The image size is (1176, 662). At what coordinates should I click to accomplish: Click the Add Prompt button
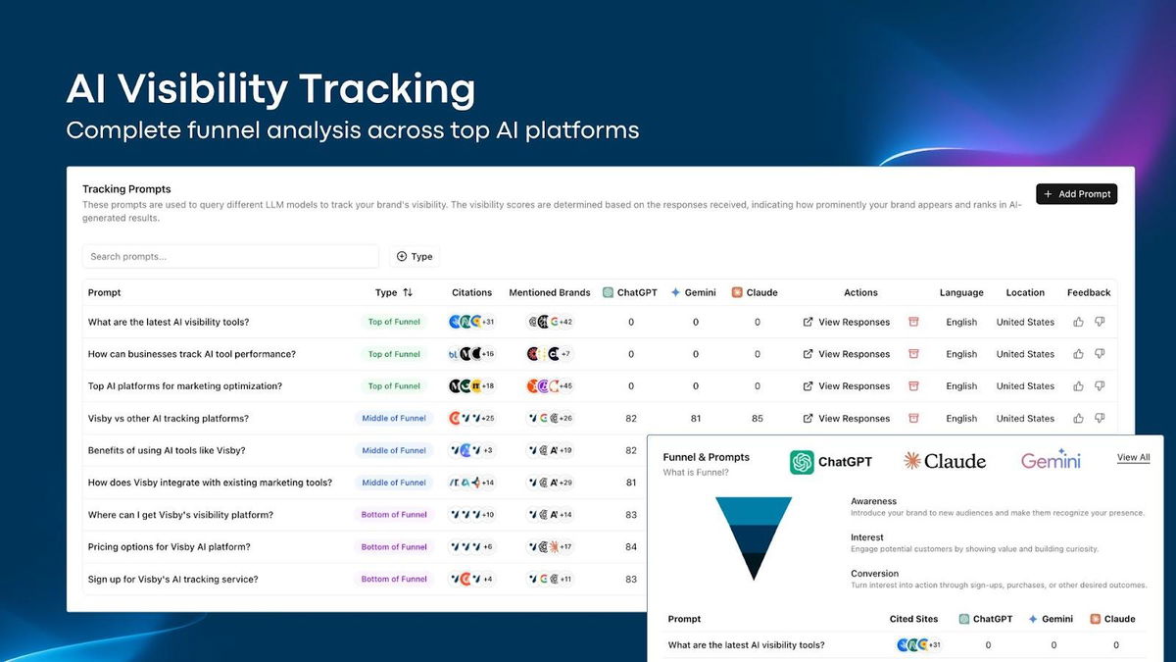point(1076,194)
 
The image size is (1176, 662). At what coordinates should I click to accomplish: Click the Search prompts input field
point(230,257)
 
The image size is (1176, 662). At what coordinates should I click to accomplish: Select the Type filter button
point(415,257)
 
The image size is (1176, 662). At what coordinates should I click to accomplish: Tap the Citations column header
point(471,292)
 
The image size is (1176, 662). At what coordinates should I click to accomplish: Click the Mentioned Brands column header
point(549,292)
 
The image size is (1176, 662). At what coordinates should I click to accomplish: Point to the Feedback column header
point(1088,292)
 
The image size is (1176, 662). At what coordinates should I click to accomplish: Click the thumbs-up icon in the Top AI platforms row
point(1078,386)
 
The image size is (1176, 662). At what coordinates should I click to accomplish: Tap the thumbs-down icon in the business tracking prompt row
point(1100,354)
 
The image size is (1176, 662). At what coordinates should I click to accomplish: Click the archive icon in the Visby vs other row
point(913,419)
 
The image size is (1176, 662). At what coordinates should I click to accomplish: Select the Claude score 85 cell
point(758,419)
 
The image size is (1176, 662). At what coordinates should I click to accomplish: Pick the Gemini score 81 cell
point(696,419)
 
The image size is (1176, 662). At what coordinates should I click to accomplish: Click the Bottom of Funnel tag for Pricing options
point(394,547)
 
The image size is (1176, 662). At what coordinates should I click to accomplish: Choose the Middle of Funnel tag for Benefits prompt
point(394,451)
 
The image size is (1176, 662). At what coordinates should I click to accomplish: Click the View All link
point(1133,458)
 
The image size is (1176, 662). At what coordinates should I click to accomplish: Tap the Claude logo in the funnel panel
point(945,461)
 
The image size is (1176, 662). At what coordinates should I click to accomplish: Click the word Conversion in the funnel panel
point(874,574)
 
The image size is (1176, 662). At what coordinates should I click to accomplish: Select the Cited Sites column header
point(912,619)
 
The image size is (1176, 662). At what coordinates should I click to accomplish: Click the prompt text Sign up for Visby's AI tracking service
point(172,580)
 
